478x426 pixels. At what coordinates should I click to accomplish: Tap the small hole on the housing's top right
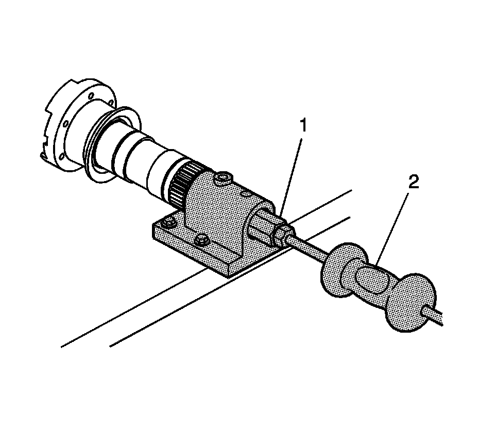point(246,193)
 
